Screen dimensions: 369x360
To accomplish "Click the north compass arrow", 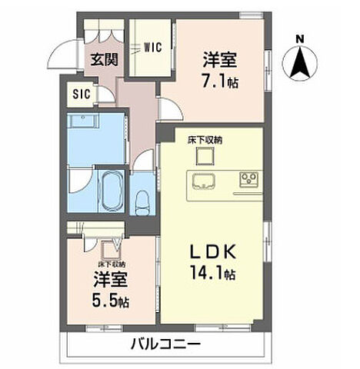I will click(x=300, y=62).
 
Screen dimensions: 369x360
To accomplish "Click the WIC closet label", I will click(x=152, y=47).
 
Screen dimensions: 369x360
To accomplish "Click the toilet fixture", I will click(x=142, y=202).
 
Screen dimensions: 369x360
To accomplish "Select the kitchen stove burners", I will click(x=249, y=180).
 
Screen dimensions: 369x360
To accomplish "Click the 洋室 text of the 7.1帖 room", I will click(x=220, y=58).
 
